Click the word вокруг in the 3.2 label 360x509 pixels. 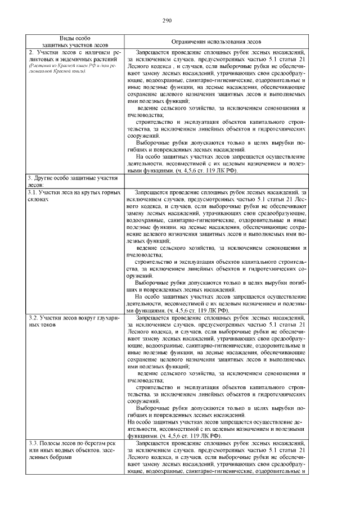(x=83, y=318)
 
